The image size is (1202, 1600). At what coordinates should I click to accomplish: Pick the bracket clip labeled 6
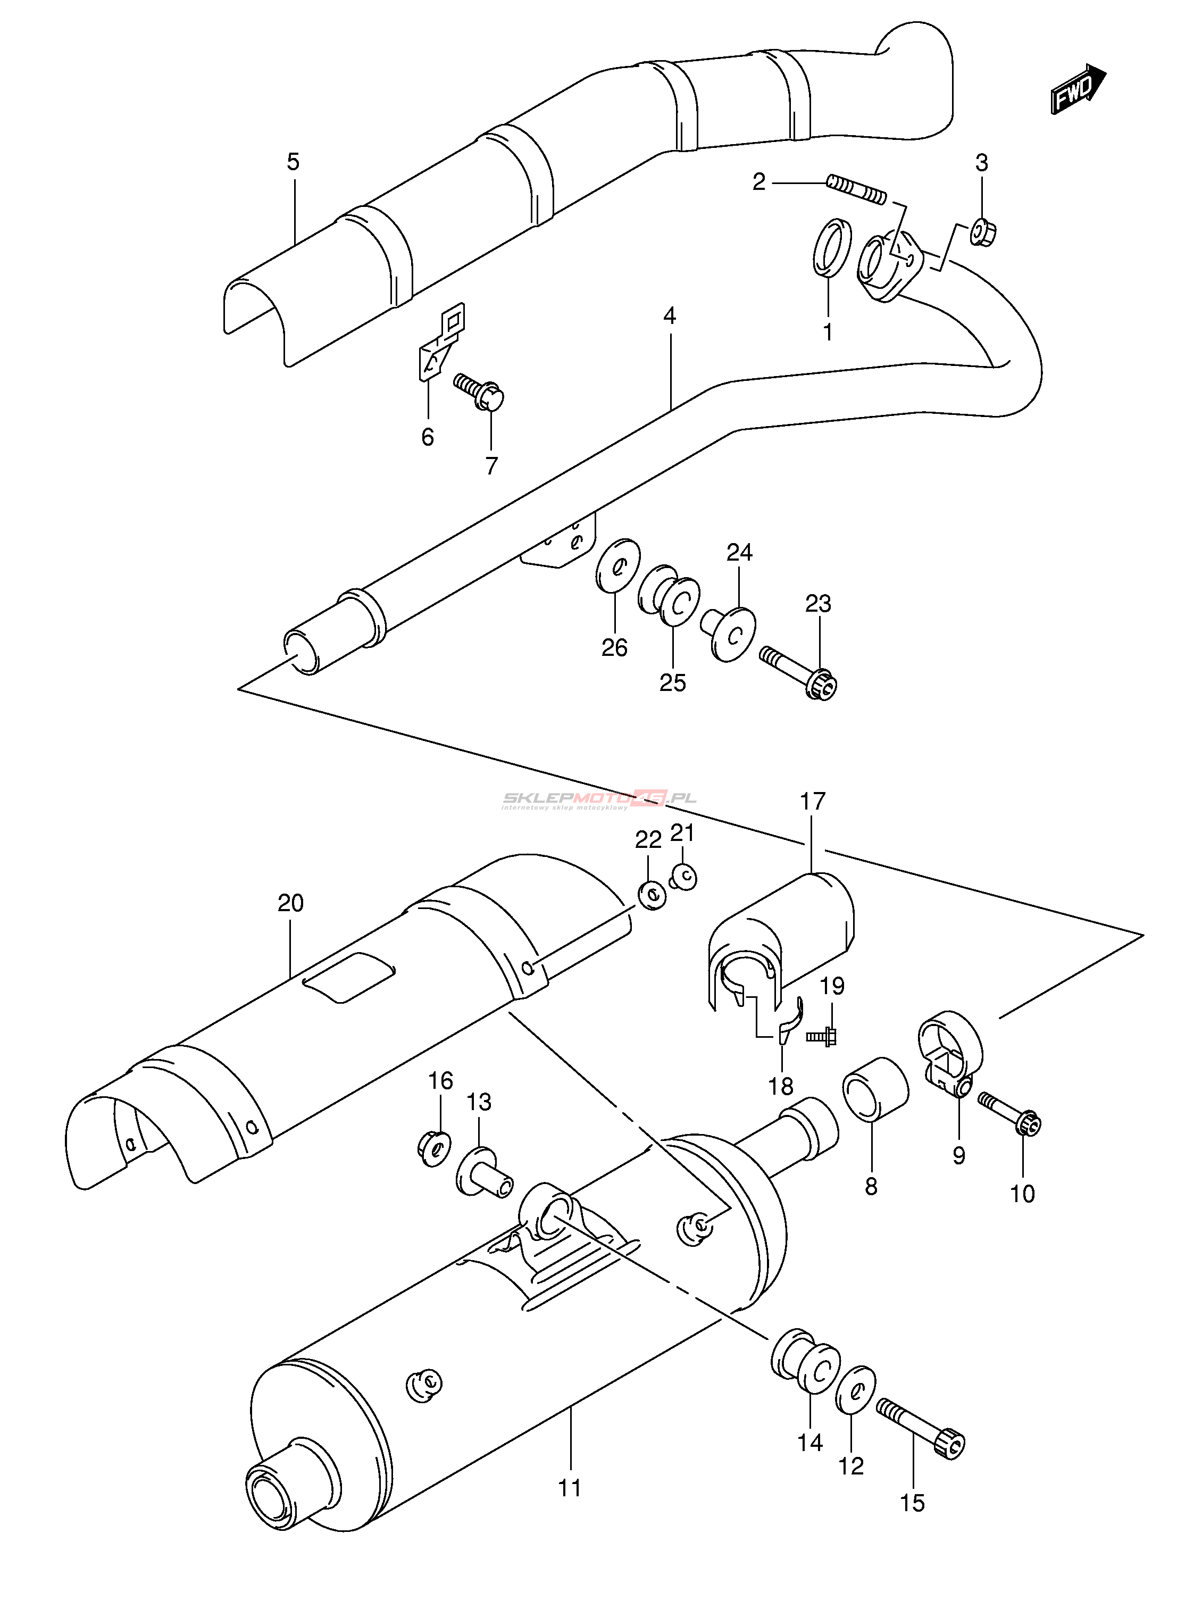pyautogui.click(x=440, y=342)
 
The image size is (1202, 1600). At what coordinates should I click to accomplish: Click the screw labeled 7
pyautogui.click(x=480, y=393)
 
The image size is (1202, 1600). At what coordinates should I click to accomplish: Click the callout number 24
pyautogui.click(x=739, y=553)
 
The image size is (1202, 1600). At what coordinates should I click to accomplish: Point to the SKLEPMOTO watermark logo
pyautogui.click(x=599, y=799)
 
